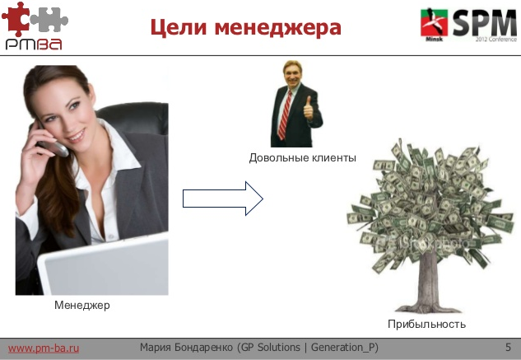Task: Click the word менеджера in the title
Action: [x=276, y=29]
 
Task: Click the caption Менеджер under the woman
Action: [x=81, y=306]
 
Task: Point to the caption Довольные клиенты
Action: [x=302, y=157]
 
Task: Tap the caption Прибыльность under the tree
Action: [x=426, y=324]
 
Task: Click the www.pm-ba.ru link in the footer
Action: [x=43, y=348]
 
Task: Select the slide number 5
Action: [x=509, y=347]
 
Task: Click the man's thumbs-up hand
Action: [x=309, y=106]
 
